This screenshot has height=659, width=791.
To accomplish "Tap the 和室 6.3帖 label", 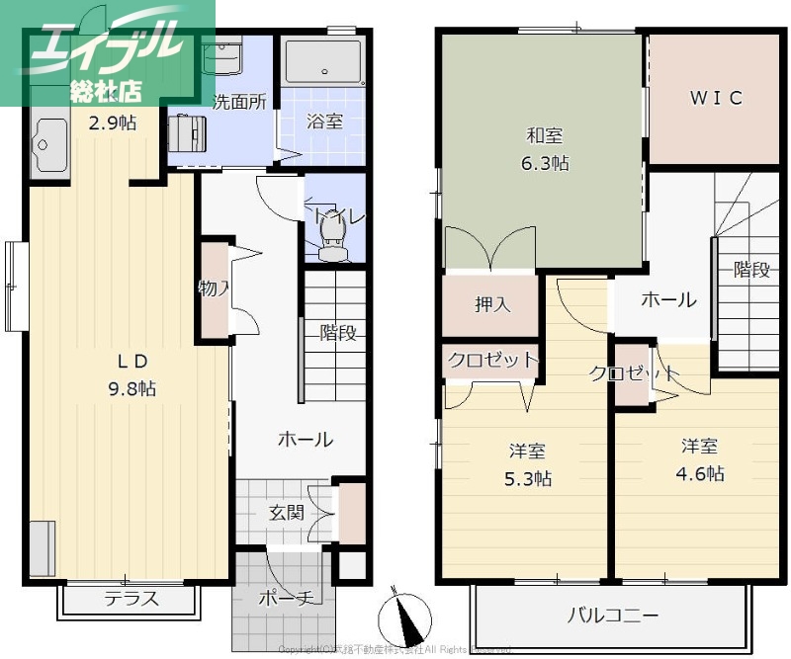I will (x=545, y=151).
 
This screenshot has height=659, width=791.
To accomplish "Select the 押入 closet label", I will (x=491, y=305).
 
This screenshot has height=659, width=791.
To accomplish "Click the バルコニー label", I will (x=612, y=616).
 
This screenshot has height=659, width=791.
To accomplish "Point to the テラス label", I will (x=132, y=599).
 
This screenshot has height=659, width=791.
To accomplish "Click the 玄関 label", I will (x=287, y=513).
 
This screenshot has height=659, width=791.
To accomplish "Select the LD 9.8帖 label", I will (x=131, y=373).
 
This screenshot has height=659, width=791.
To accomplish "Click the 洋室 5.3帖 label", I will (x=528, y=465).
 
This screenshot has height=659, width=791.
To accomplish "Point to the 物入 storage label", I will (x=214, y=289).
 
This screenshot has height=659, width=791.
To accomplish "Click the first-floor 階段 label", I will (x=337, y=333).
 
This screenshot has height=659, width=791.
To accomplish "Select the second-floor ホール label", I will (x=668, y=300).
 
